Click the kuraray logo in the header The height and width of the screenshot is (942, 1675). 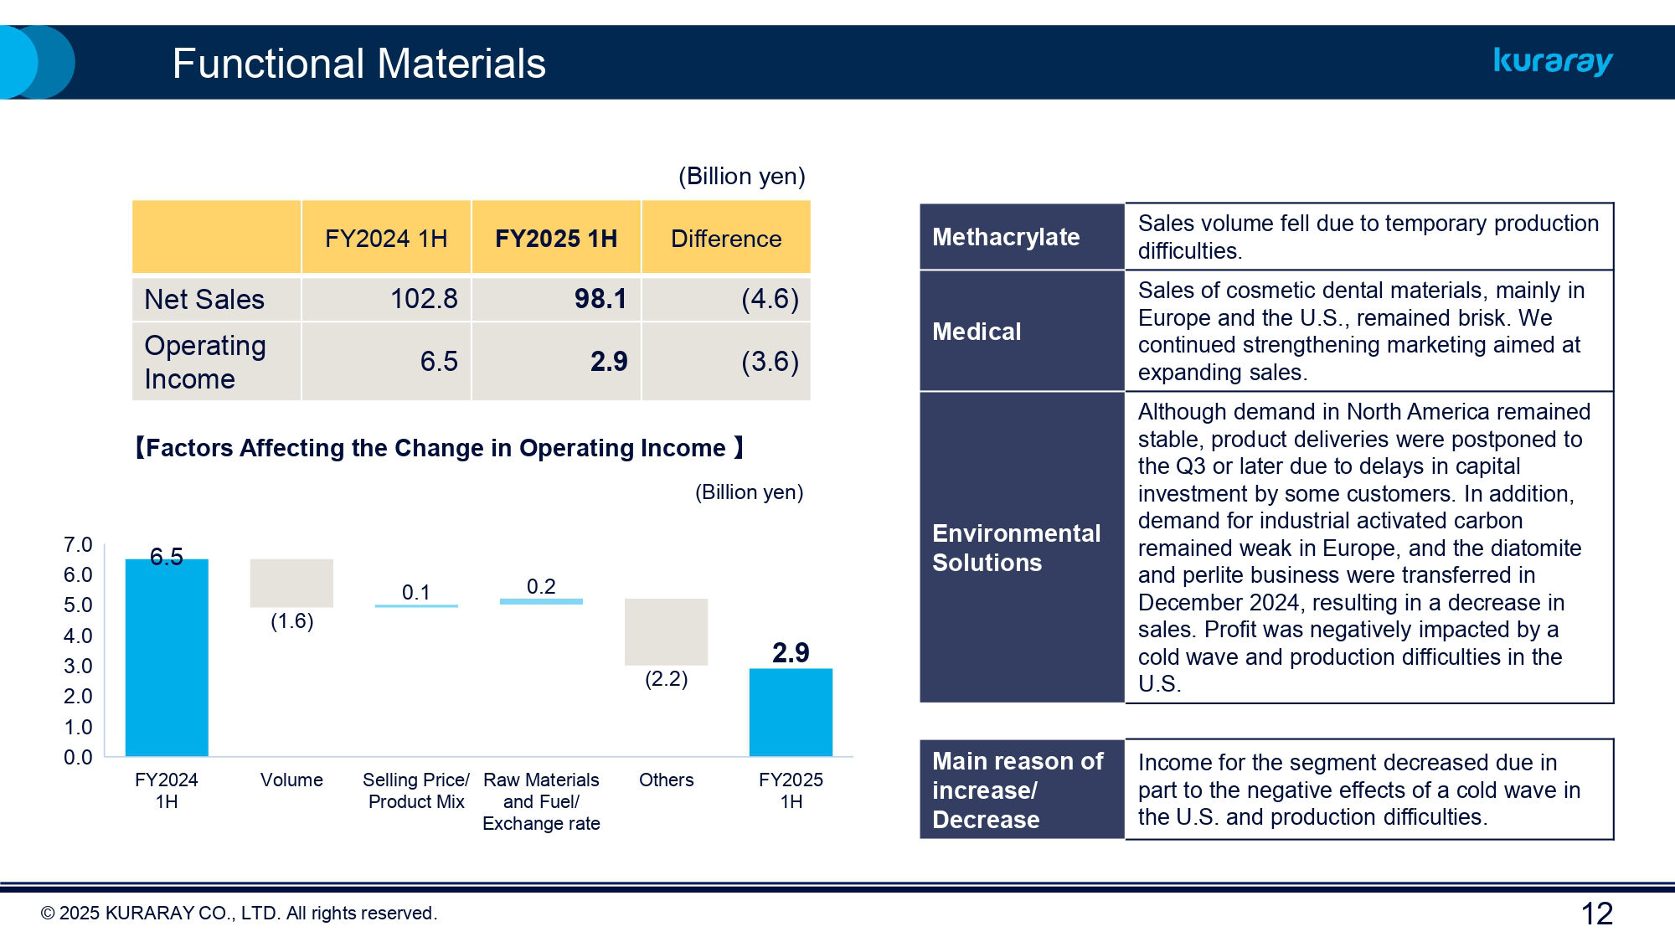point(1553,61)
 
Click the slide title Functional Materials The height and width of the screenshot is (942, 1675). point(358,64)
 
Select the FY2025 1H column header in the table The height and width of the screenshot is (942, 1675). point(555,239)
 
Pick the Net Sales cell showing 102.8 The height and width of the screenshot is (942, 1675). point(424,299)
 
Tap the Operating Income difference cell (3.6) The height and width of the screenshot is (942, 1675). point(769,362)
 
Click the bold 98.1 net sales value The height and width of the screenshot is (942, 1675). point(600,299)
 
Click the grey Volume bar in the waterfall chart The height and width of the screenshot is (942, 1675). point(291,583)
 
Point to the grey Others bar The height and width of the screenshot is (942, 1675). point(666,632)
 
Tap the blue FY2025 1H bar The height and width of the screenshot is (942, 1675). point(791,712)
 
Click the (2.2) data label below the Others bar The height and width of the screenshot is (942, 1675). point(666,679)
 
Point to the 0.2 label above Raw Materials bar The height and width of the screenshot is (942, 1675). point(541,586)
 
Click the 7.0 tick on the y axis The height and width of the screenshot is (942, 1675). point(78,545)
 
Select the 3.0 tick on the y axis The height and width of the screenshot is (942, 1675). point(78,667)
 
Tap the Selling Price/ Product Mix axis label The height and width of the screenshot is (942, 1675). point(416,790)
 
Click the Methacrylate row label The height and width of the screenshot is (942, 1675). point(1006,237)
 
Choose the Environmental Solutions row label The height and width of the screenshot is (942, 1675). point(1016,548)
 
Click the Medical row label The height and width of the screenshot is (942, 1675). point(977,332)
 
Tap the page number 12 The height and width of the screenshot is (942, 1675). point(1596,914)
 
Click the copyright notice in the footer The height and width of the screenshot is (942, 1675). point(239,914)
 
